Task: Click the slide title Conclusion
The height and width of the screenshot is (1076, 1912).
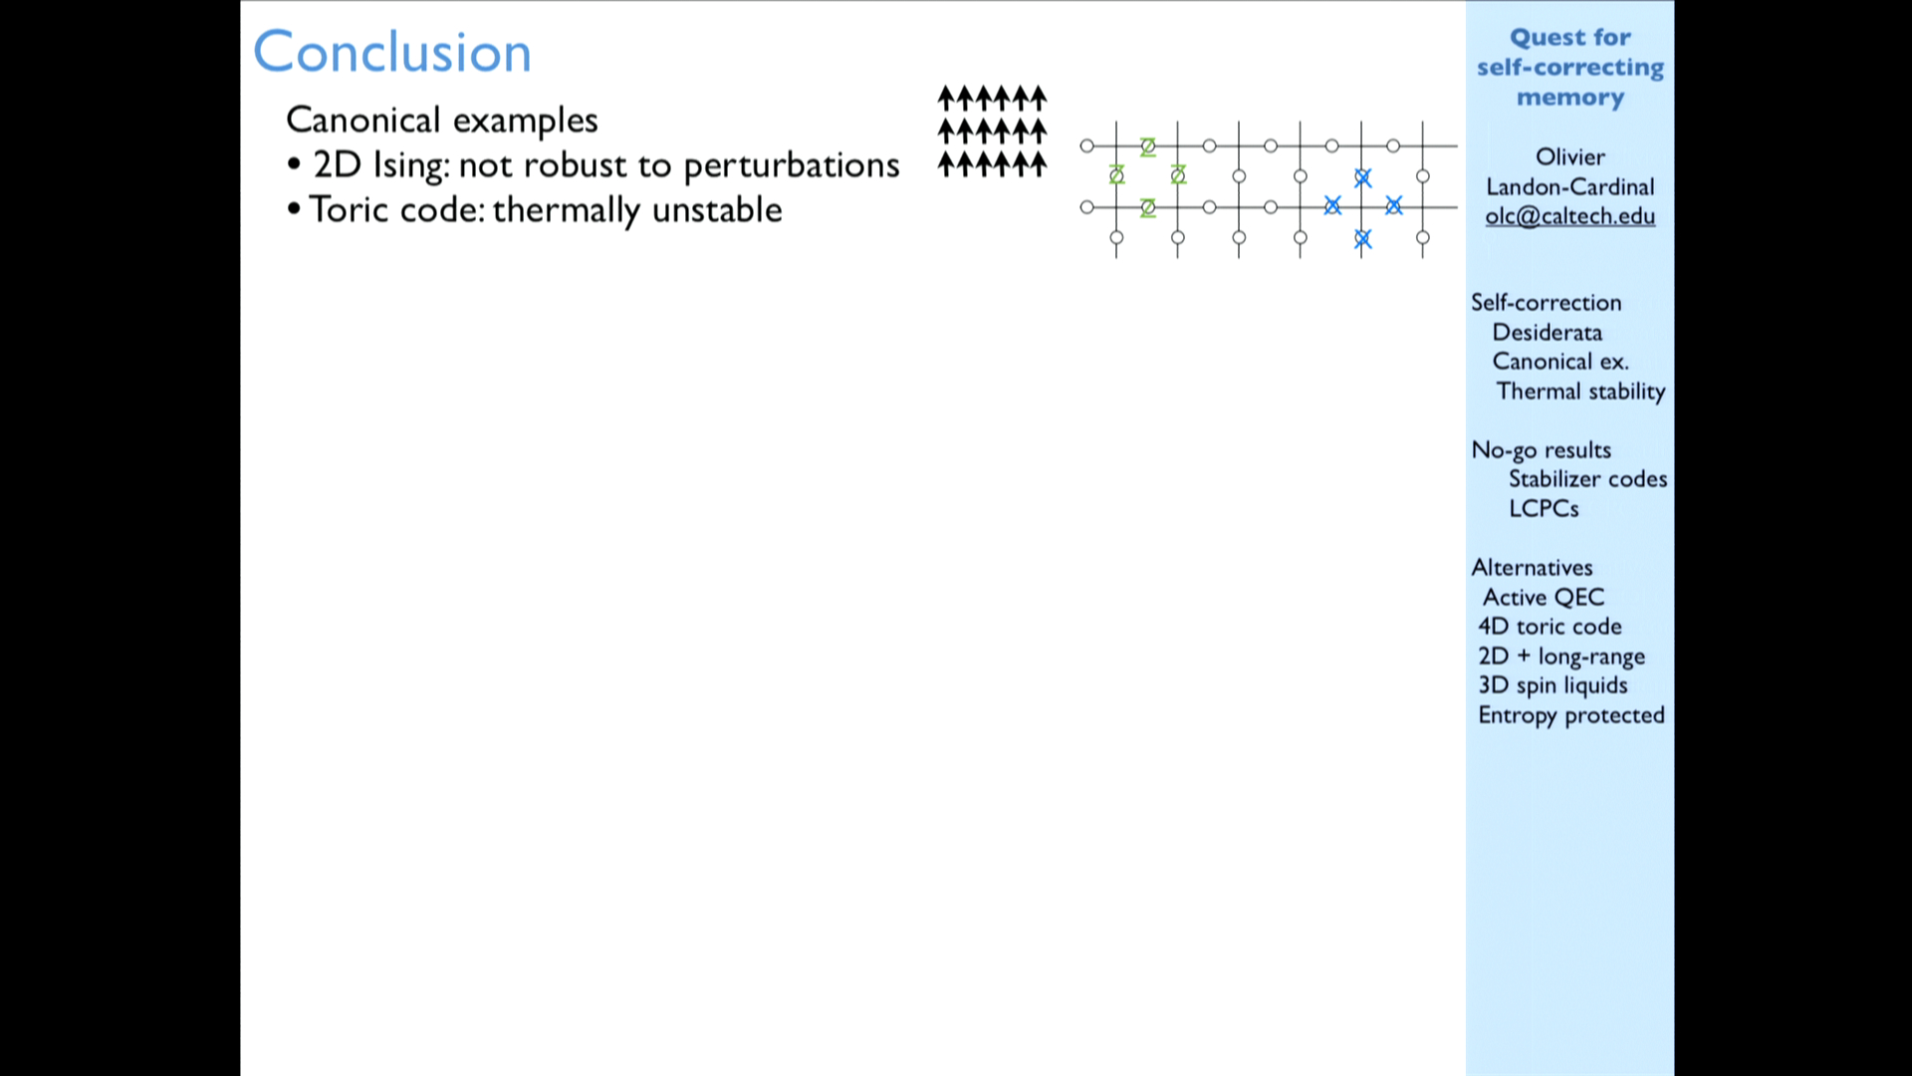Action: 392,52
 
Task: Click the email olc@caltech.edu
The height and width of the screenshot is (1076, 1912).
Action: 1570,216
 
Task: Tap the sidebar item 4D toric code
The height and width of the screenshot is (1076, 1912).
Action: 1550,627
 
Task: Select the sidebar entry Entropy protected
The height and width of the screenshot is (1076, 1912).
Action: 1571,715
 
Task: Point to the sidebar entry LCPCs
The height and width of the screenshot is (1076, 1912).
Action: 1544,508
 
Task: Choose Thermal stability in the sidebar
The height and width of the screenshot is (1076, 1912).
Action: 1580,392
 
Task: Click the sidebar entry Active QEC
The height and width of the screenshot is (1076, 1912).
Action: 1544,597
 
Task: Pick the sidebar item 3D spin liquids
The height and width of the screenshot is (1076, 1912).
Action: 1553,685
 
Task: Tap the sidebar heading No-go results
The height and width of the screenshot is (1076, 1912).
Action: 1542,450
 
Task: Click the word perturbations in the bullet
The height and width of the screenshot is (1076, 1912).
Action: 792,165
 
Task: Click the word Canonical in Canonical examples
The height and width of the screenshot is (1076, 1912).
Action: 363,120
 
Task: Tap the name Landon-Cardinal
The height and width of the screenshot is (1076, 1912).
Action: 1570,186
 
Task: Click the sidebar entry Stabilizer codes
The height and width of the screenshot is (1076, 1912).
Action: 1587,479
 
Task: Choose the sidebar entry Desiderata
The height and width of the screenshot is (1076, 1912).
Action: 1548,333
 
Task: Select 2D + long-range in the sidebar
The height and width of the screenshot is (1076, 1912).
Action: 1561,657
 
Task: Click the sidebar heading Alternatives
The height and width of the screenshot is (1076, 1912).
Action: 1533,568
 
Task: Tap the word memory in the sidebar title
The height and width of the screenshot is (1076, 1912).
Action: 1570,98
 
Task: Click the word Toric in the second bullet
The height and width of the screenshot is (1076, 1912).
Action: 348,209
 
